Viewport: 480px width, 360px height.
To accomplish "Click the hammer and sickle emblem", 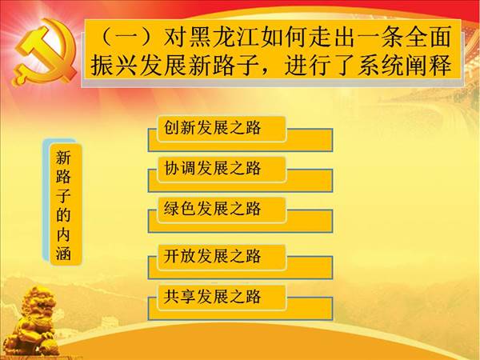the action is (44, 51).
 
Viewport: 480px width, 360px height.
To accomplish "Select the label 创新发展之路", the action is (212, 127).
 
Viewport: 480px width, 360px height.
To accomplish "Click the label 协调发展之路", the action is (212, 168).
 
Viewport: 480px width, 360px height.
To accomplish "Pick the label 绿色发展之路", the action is (212, 209).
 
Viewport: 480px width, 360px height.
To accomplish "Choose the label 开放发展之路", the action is (212, 256).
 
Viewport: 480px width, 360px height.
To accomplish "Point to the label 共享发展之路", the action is (212, 296).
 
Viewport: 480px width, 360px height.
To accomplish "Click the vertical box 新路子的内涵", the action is (63, 205).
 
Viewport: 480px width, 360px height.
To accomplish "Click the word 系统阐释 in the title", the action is (405, 66).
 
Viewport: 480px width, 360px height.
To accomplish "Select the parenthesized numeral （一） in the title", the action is (128, 37).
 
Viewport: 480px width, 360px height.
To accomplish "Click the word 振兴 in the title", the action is (114, 66).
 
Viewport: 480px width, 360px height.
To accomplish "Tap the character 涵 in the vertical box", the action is (63, 254).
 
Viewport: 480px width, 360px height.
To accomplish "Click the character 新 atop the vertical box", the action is (63, 158).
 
